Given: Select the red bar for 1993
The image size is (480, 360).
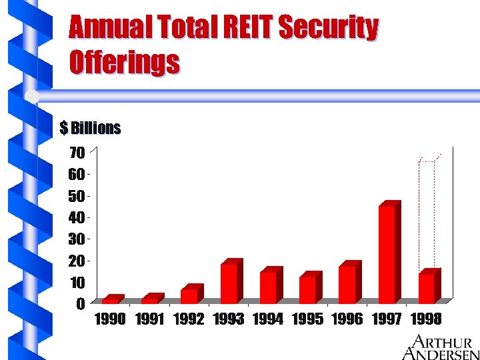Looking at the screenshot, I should tap(229, 283).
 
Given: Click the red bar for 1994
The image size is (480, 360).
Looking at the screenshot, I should tap(269, 287).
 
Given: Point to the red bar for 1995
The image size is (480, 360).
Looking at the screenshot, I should tap(308, 289).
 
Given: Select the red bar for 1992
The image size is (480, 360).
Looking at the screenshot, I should tap(190, 295).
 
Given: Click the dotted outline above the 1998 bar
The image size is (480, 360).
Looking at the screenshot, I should tap(427, 213).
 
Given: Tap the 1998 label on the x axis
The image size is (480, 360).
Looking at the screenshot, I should tap(426, 319).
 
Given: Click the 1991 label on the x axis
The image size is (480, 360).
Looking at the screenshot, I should tap(149, 319).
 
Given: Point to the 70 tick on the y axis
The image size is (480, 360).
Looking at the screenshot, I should tap(77, 153).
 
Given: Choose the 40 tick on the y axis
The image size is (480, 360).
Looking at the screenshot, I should tap(77, 217).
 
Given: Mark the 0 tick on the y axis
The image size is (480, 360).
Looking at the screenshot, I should tap(80, 303).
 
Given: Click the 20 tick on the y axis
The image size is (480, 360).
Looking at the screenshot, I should tap(77, 261).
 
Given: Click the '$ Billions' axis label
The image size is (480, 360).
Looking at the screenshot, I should tap(90, 127).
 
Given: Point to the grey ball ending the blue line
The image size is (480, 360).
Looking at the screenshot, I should tap(32, 97).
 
